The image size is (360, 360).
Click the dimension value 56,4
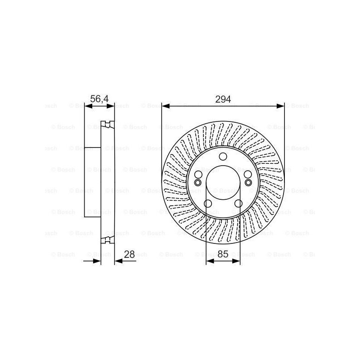click(99, 99)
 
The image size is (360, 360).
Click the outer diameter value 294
click(223, 99)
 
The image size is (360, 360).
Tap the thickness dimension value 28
click(129, 254)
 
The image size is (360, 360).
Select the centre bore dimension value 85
click(223, 254)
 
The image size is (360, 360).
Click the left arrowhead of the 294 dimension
click(166, 106)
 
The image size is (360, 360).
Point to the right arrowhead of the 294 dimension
click(280, 106)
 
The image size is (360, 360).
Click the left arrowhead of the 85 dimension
click(210, 261)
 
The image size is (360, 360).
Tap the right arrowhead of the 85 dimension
click(236, 261)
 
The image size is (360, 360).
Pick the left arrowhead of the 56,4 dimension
click(89, 106)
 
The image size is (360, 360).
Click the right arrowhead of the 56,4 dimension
click(110, 106)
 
